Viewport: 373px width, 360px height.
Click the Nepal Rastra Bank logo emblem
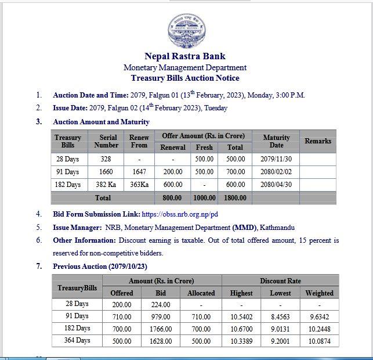point(186,29)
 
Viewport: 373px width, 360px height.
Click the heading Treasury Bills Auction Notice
point(185,78)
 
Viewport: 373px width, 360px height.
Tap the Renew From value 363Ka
point(139,185)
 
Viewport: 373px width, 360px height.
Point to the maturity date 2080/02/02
point(276,172)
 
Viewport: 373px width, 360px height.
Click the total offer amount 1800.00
point(235,198)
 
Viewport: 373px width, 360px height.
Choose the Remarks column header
point(318,141)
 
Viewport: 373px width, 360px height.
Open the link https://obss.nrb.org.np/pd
point(180,214)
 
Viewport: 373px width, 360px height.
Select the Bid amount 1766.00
point(161,329)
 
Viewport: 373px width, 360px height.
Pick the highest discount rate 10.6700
point(241,329)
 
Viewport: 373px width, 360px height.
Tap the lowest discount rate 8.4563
point(280,316)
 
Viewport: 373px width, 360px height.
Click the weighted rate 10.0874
point(319,341)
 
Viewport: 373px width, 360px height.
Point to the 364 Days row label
point(77,340)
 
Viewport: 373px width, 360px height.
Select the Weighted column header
point(319,293)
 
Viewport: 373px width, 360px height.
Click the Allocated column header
point(201,293)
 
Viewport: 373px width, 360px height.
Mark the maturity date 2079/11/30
point(276,159)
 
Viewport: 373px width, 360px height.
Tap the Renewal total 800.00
point(172,198)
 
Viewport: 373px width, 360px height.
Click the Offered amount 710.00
point(121,316)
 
